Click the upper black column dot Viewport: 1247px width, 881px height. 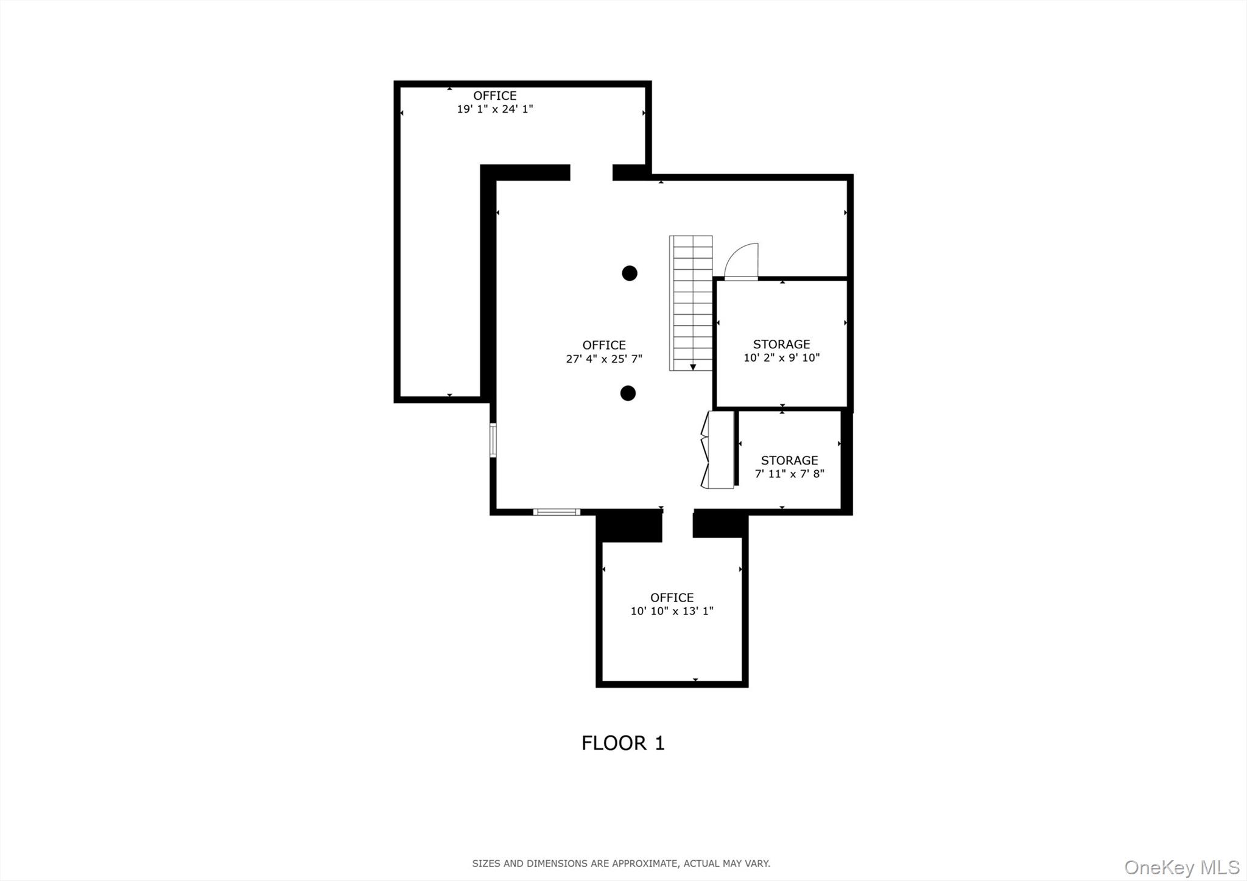coord(630,273)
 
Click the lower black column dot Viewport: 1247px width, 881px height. coord(628,393)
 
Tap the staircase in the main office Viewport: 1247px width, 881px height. coord(692,303)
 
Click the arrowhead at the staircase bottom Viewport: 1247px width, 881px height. coord(693,367)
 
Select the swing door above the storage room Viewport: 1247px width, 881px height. coord(742,262)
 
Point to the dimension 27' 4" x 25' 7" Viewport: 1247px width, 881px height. coord(604,359)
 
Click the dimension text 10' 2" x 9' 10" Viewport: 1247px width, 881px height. coord(781,358)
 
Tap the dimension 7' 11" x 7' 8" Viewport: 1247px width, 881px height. coord(789,474)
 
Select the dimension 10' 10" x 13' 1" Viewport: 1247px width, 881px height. coord(672,611)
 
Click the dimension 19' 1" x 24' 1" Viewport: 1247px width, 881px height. coord(495,110)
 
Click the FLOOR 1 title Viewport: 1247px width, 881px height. coord(623,743)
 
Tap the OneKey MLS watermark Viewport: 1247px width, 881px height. coord(1181,866)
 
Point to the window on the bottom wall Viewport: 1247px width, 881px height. coord(557,512)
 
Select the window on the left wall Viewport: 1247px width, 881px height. coord(493,440)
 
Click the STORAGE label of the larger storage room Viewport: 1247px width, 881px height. coord(781,344)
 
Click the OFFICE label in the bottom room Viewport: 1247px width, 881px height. coord(672,597)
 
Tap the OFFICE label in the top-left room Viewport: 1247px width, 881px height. coord(495,96)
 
